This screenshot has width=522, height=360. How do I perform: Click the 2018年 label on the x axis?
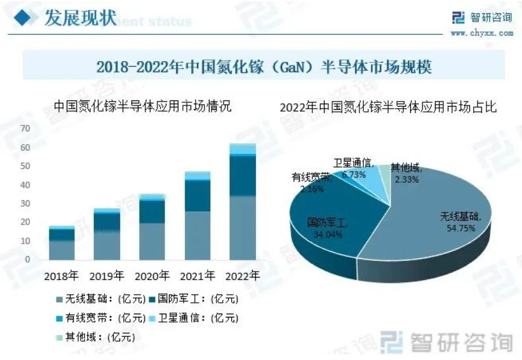click(x=61, y=276)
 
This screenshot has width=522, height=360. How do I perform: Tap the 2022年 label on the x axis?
click(x=243, y=276)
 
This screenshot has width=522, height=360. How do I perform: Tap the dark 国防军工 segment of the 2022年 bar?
click(x=243, y=176)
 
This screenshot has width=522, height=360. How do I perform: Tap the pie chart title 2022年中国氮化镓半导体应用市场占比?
click(x=388, y=108)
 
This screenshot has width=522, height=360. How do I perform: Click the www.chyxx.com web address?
click(x=482, y=33)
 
